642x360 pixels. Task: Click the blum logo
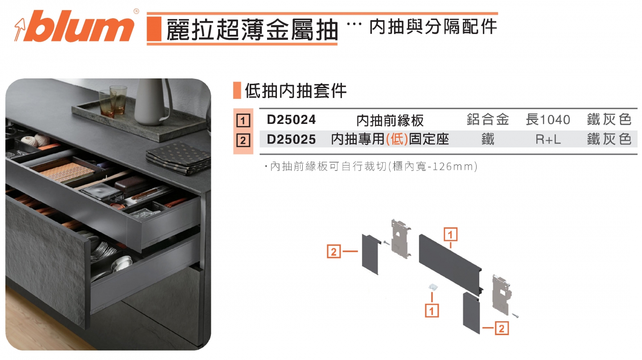coord(74,27)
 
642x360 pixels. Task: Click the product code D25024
coord(291,120)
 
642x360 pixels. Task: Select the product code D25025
coord(291,139)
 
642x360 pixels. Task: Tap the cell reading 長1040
coord(547,120)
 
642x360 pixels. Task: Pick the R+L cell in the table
coord(548,139)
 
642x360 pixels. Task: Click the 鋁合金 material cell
coord(488,120)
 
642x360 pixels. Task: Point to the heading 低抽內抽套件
coord(296,91)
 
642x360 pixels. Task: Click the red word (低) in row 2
coord(397,139)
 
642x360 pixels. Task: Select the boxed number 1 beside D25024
coord(243,121)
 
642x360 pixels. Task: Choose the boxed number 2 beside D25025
coord(243,141)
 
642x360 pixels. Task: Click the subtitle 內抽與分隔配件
coord(433,27)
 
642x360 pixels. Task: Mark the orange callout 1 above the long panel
coord(450,234)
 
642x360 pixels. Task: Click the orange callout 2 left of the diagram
coord(334,251)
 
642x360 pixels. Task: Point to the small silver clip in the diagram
coord(432,288)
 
